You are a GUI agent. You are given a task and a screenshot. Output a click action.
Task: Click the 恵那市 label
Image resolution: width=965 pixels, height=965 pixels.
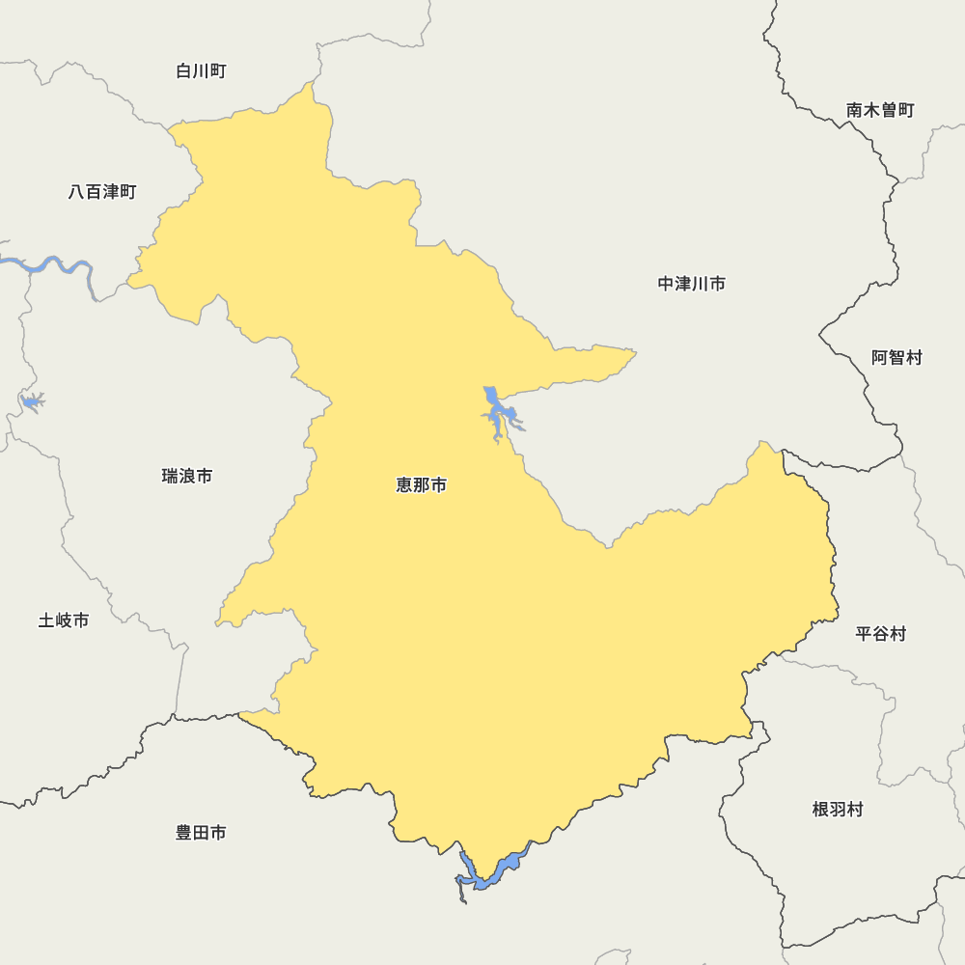(422, 485)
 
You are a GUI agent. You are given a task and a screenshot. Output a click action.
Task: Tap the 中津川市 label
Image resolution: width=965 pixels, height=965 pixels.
(692, 284)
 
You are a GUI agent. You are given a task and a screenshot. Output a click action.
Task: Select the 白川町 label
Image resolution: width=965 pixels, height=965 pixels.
(202, 71)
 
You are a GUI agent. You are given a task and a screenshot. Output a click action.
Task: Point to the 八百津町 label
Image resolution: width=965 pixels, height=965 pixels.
(102, 192)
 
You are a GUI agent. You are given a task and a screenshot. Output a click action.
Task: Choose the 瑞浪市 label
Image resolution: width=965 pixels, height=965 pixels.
(187, 476)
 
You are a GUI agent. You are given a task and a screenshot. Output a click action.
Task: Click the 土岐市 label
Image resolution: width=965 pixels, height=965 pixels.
(64, 620)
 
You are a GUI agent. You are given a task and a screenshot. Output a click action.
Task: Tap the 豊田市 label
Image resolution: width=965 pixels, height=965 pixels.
(201, 833)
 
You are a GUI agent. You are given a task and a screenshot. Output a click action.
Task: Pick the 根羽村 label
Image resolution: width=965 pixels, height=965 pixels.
(838, 810)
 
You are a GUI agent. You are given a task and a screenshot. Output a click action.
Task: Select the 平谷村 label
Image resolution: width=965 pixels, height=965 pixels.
(881, 634)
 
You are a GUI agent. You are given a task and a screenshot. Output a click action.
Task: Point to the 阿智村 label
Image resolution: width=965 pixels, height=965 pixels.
(897, 358)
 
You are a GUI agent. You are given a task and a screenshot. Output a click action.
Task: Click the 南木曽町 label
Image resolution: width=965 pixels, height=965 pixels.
(880, 110)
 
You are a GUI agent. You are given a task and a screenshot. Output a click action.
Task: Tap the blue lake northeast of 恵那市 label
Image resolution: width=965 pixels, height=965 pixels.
(495, 411)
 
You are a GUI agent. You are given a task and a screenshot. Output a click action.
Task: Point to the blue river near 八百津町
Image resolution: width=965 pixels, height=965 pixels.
(48, 264)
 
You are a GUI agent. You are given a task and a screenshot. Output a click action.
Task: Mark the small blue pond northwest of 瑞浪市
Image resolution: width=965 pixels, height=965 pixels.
(31, 400)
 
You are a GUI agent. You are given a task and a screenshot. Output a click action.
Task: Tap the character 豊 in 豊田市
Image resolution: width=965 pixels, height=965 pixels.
(184, 833)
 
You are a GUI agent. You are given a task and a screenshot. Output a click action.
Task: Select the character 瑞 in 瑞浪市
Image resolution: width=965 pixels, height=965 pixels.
(170, 476)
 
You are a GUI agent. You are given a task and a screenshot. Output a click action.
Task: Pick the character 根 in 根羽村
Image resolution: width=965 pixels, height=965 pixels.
(821, 810)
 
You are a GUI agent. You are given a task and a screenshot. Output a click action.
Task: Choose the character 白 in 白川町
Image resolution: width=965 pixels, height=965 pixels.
(184, 71)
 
